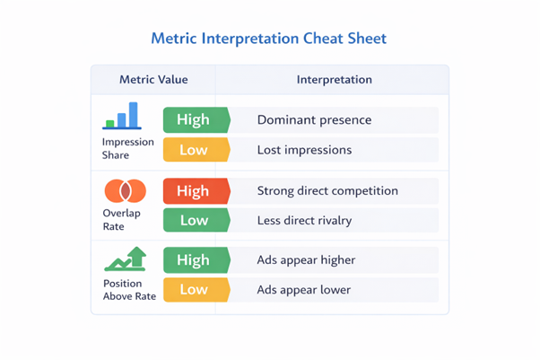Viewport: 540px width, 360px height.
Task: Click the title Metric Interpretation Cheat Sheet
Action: (269, 40)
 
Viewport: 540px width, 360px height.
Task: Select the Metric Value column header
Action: (153, 80)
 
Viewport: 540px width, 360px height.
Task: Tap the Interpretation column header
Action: (334, 80)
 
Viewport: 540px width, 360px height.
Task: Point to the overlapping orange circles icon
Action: (125, 190)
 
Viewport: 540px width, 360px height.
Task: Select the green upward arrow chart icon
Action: (126, 259)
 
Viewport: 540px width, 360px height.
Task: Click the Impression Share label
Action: (127, 148)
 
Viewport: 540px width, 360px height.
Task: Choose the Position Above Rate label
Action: (128, 289)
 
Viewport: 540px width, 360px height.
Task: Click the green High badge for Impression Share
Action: (195, 119)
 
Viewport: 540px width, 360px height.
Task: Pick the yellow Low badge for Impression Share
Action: (195, 150)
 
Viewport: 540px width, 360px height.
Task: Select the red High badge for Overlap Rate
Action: (195, 190)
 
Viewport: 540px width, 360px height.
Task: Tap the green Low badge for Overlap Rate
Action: (195, 220)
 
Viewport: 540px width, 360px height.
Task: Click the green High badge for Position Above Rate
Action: (195, 260)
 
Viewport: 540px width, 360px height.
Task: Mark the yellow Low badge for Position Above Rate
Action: (195, 290)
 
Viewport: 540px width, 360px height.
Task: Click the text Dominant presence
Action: (314, 119)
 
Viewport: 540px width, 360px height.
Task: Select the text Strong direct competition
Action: (327, 190)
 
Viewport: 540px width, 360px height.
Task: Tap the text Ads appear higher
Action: (306, 260)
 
